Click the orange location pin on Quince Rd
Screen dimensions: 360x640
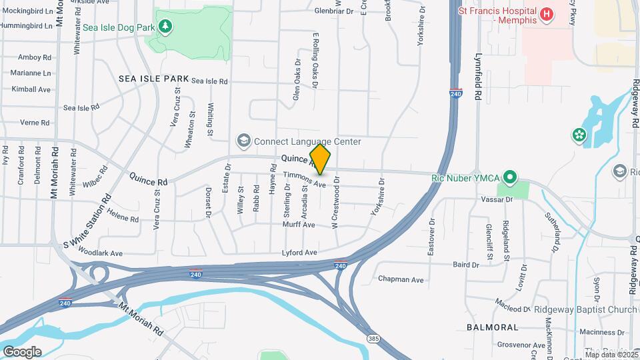click(x=321, y=159)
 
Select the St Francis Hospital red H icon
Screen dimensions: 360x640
click(x=546, y=14)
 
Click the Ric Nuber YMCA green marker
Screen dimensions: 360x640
click(x=510, y=177)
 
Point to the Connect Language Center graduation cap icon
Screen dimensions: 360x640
click(x=243, y=141)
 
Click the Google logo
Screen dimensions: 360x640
click(x=22, y=351)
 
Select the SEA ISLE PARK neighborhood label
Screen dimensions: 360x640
click(x=154, y=79)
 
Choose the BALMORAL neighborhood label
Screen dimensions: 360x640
click(x=492, y=327)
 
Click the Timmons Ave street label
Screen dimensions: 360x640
click(x=305, y=179)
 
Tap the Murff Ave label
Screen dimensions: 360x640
click(x=299, y=225)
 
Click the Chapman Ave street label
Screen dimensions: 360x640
click(x=401, y=279)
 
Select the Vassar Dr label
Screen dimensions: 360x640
click(x=499, y=199)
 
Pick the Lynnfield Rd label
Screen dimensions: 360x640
click(x=478, y=77)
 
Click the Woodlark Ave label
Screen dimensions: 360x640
click(x=101, y=253)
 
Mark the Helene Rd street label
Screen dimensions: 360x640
click(x=122, y=218)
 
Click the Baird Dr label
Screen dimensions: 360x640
click(x=466, y=265)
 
